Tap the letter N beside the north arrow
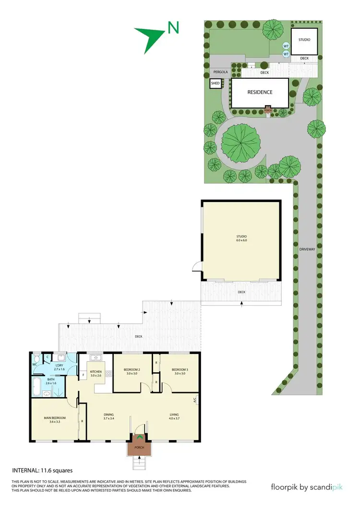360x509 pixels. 173,28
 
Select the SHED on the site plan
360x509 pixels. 215,83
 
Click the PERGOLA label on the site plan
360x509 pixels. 220,72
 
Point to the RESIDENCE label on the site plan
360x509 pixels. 260,92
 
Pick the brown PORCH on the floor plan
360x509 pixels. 139,448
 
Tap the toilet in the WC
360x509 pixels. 36,359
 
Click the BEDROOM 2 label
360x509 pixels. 131,369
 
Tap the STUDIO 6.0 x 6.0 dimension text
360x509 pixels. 240,240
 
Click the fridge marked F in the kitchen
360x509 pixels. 84,375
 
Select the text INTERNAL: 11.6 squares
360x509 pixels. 42,471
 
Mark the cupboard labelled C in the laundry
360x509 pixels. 48,357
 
